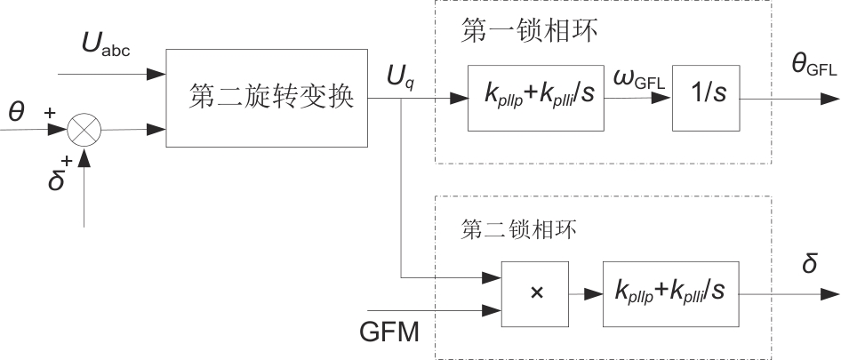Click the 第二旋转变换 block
pos(267,98)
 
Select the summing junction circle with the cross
pos(84,130)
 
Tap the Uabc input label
pos(106,46)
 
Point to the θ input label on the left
pos(16,112)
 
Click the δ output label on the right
pos(809,265)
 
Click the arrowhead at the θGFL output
pos(832,98)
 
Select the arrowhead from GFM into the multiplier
pos(493,310)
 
